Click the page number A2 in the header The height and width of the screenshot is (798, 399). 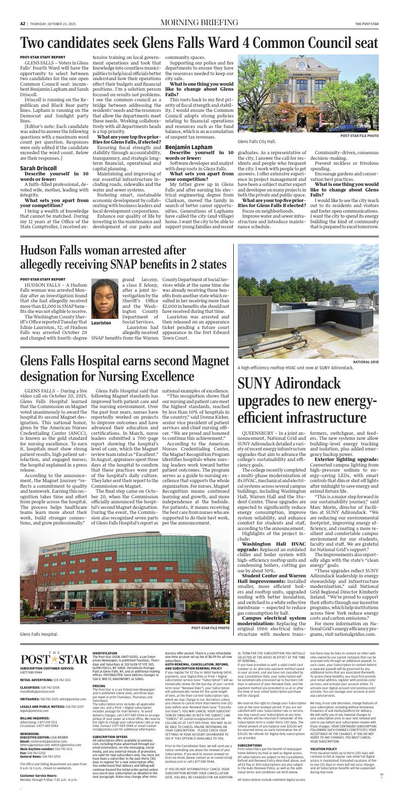point(23,23)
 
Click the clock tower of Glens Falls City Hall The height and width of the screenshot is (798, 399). point(302,65)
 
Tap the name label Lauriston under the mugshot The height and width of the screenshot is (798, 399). point(101,322)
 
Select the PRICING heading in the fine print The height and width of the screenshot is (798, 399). point(99,686)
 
